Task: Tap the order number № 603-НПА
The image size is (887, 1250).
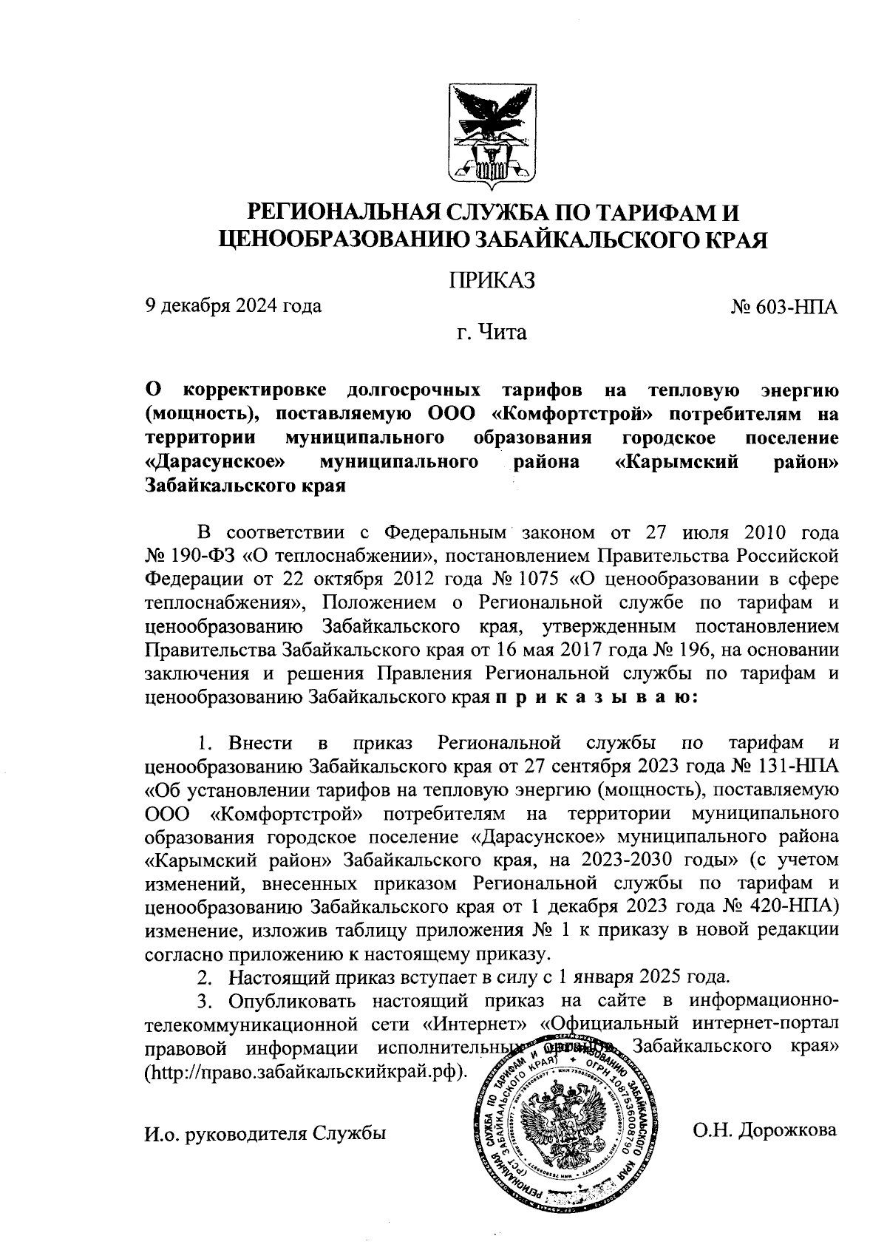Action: pyautogui.click(x=784, y=306)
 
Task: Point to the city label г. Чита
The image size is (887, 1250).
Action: pyautogui.click(x=492, y=333)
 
